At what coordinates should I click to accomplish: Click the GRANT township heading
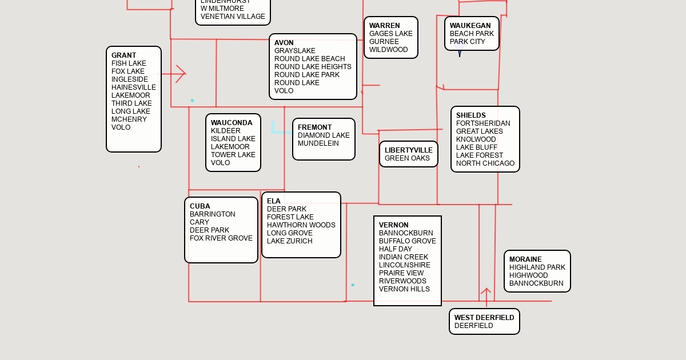123,55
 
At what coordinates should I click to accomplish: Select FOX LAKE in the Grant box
127,71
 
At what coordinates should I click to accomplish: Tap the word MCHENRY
129,119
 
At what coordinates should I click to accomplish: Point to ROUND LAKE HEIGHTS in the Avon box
313,67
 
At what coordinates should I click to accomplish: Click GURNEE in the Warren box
384,42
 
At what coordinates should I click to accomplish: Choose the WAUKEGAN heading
470,26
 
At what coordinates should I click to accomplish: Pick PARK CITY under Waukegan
468,42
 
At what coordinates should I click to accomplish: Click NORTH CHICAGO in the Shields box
485,163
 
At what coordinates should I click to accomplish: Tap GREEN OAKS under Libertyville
407,158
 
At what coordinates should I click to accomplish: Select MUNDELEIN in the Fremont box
318,143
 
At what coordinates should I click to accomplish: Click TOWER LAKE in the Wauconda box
233,155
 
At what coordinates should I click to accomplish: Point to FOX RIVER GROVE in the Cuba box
221,238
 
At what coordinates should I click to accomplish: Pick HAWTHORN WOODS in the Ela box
301,225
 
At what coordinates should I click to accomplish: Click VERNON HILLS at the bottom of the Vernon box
404,289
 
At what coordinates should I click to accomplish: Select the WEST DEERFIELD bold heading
484,318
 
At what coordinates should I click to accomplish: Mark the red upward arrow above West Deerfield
486,297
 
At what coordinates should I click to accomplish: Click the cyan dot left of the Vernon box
353,285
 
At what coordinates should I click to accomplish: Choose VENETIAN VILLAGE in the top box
233,17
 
